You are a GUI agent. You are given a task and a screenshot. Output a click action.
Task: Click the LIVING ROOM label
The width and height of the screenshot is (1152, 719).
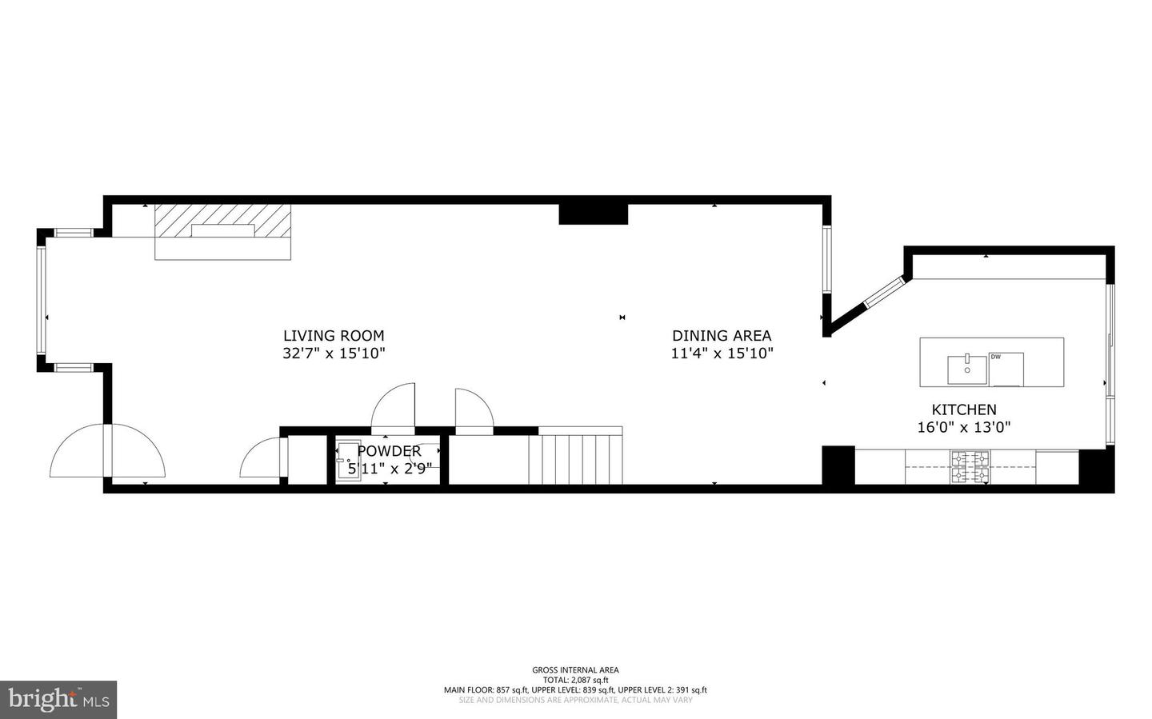pyautogui.click(x=334, y=336)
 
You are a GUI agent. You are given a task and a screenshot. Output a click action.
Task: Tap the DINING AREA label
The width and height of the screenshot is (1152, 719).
pyautogui.click(x=722, y=336)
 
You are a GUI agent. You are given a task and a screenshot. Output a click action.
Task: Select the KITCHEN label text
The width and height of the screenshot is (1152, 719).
pyautogui.click(x=963, y=409)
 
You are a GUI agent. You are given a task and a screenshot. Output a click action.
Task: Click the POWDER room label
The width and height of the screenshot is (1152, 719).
pyautogui.click(x=389, y=451)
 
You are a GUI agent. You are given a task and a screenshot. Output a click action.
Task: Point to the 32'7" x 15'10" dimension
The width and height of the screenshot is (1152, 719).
pyautogui.click(x=334, y=354)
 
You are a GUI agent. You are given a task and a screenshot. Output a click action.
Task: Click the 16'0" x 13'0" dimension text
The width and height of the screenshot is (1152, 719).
pyautogui.click(x=963, y=427)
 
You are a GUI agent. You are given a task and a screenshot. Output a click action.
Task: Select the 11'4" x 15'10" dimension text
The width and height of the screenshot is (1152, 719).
pyautogui.click(x=722, y=354)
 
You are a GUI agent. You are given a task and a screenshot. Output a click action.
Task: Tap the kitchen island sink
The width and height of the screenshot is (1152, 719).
pyautogui.click(x=967, y=369)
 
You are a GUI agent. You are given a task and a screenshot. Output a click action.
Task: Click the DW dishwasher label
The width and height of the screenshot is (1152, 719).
pyautogui.click(x=995, y=357)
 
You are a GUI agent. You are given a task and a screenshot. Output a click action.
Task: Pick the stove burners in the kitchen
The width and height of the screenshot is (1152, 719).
pyautogui.click(x=970, y=467)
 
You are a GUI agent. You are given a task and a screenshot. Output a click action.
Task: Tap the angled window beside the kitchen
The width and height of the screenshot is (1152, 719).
pyautogui.click(x=882, y=293)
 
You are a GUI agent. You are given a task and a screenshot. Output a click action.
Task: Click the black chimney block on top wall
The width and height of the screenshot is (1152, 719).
pyautogui.click(x=593, y=214)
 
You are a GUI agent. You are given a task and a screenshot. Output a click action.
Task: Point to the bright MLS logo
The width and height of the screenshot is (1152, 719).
pyautogui.click(x=58, y=700)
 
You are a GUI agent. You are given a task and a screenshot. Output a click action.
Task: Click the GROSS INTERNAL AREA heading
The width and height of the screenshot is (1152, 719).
pyautogui.click(x=575, y=670)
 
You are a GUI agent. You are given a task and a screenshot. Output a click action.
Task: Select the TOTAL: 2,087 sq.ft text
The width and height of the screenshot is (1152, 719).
pyautogui.click(x=575, y=680)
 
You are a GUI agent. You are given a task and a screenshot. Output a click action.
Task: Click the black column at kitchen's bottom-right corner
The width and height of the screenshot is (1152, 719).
pyautogui.click(x=1095, y=468)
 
